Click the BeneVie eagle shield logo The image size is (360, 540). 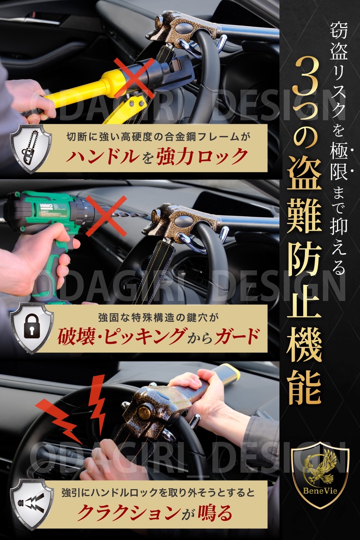(320, 475)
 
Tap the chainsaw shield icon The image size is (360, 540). (31, 149)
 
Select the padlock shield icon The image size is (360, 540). (32, 329)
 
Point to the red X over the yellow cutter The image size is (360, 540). (134, 78)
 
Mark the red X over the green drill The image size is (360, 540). (106, 216)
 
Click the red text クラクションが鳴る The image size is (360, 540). (154, 513)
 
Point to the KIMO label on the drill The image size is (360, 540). (46, 206)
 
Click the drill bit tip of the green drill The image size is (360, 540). (147, 214)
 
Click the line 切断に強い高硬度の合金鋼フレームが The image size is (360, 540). (158, 137)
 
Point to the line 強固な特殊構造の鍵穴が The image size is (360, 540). (158, 318)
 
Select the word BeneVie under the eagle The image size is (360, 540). (320, 491)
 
